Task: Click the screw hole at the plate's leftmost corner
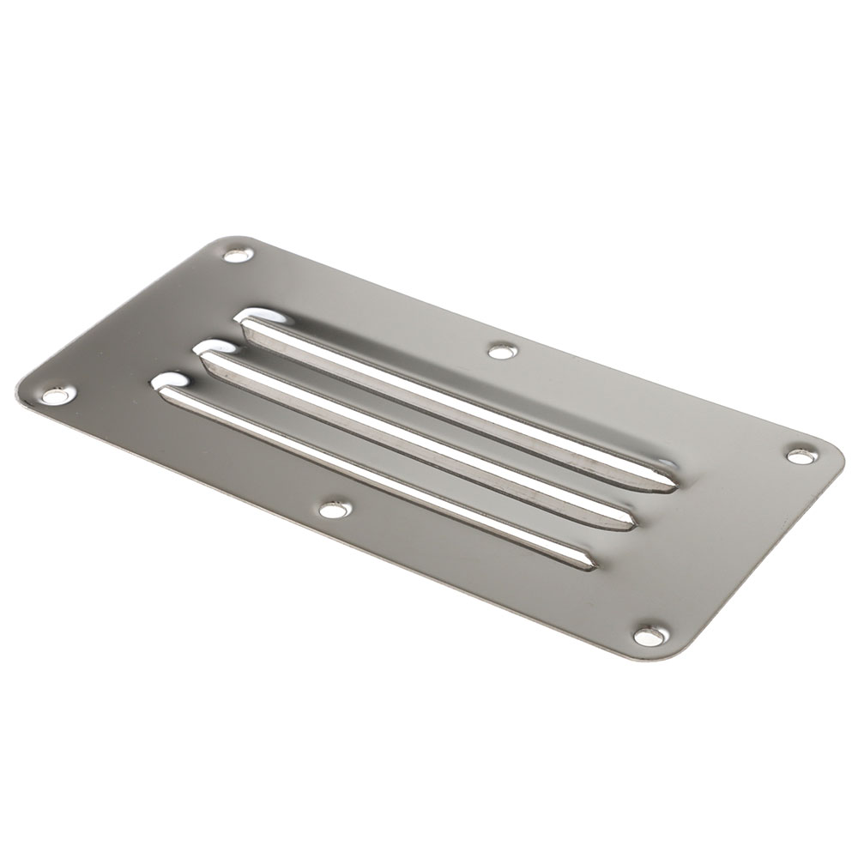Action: coord(57,396)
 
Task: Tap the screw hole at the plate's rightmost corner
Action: coord(800,456)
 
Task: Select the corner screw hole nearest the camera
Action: coord(649,635)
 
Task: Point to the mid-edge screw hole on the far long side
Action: coord(502,350)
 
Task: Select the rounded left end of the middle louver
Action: coord(210,353)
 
